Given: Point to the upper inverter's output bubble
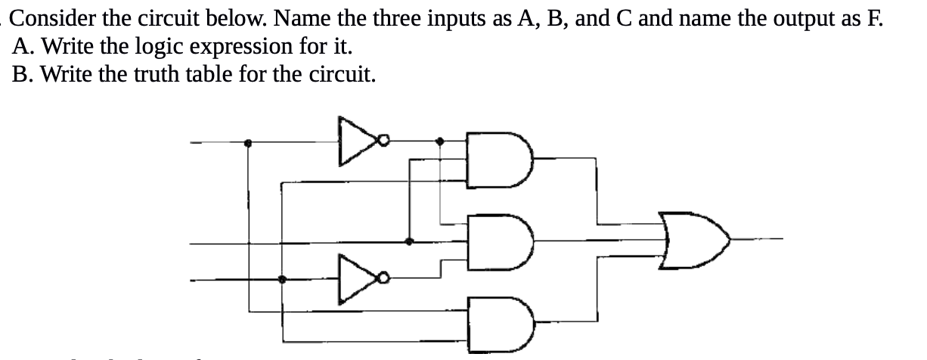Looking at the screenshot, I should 385,140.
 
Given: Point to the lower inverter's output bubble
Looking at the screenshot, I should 385,279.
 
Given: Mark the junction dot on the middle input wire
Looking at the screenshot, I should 409,242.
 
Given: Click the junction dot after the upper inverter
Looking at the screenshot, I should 442,140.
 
